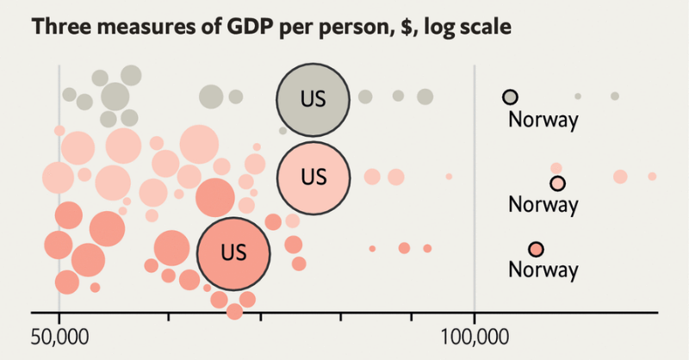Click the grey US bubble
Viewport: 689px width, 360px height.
click(x=313, y=100)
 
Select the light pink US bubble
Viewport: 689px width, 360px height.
click(x=313, y=178)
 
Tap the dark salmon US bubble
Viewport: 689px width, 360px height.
click(x=233, y=253)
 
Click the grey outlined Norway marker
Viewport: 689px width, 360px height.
click(x=510, y=96)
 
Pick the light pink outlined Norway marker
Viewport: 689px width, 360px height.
click(x=557, y=183)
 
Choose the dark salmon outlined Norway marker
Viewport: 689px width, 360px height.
click(x=536, y=250)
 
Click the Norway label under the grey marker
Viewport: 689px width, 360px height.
click(x=543, y=120)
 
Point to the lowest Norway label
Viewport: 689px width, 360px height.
click(x=543, y=270)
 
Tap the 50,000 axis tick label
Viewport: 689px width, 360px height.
click(x=59, y=337)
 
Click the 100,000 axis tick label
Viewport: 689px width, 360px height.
click(x=475, y=337)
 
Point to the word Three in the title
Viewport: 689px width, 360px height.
click(x=60, y=27)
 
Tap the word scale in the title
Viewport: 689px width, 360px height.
click(x=486, y=27)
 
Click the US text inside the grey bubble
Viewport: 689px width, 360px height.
click(x=313, y=99)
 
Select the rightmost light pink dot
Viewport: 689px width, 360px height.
click(x=652, y=177)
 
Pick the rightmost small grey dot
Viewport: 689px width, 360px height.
click(x=615, y=96)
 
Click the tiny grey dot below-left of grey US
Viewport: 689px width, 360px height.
click(x=283, y=131)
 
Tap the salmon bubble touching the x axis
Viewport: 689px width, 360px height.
click(x=234, y=312)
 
